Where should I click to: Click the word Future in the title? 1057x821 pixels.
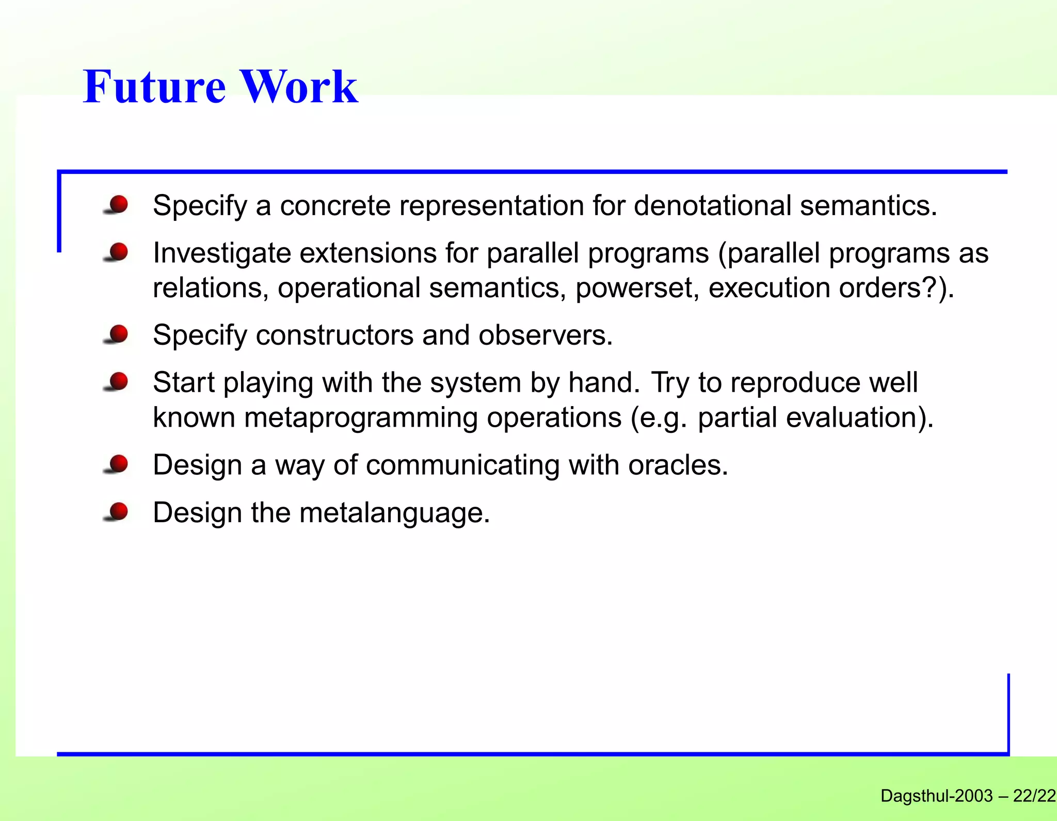pyautogui.click(x=154, y=87)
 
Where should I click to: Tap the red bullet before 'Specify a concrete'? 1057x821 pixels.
pyautogui.click(x=118, y=204)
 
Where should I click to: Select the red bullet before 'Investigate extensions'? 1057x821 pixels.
pyautogui.click(x=118, y=252)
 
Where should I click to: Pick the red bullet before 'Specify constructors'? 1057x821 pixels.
pyautogui.click(x=118, y=334)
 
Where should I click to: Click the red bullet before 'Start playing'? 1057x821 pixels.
pyautogui.click(x=118, y=381)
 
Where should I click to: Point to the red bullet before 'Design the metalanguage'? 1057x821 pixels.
pyautogui.click(x=118, y=511)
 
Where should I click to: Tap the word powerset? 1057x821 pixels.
pyautogui.click(x=637, y=288)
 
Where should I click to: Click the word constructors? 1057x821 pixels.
pyautogui.click(x=334, y=335)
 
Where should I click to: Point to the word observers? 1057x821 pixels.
pyautogui.click(x=545, y=335)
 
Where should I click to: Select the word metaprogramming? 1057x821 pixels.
pyautogui.click(x=361, y=417)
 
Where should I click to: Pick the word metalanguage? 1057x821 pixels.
pyautogui.click(x=394, y=513)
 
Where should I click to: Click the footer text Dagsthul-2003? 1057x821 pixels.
pyautogui.click(x=936, y=796)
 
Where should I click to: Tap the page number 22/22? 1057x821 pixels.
pyautogui.click(x=1034, y=796)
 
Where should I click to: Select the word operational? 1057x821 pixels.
pyautogui.click(x=349, y=288)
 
